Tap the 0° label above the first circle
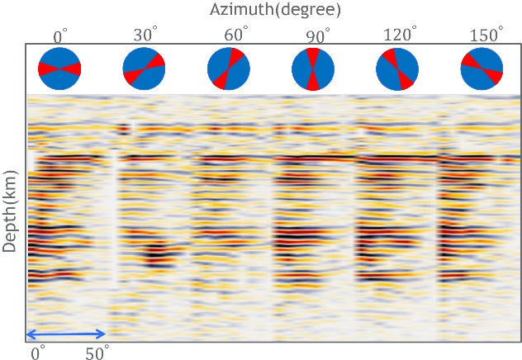(x=59, y=36)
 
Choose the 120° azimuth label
(x=397, y=36)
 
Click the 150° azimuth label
(x=483, y=36)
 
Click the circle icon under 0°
(x=59, y=69)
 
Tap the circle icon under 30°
(x=144, y=69)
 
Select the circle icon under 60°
(x=228, y=69)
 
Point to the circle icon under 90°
(x=313, y=69)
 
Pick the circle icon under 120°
(x=397, y=69)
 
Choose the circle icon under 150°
(x=482, y=69)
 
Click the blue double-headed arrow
(x=66, y=334)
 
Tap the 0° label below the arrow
(x=38, y=353)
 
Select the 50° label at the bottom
(x=97, y=353)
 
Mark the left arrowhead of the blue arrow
(x=30, y=334)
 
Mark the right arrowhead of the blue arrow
(x=102, y=334)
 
